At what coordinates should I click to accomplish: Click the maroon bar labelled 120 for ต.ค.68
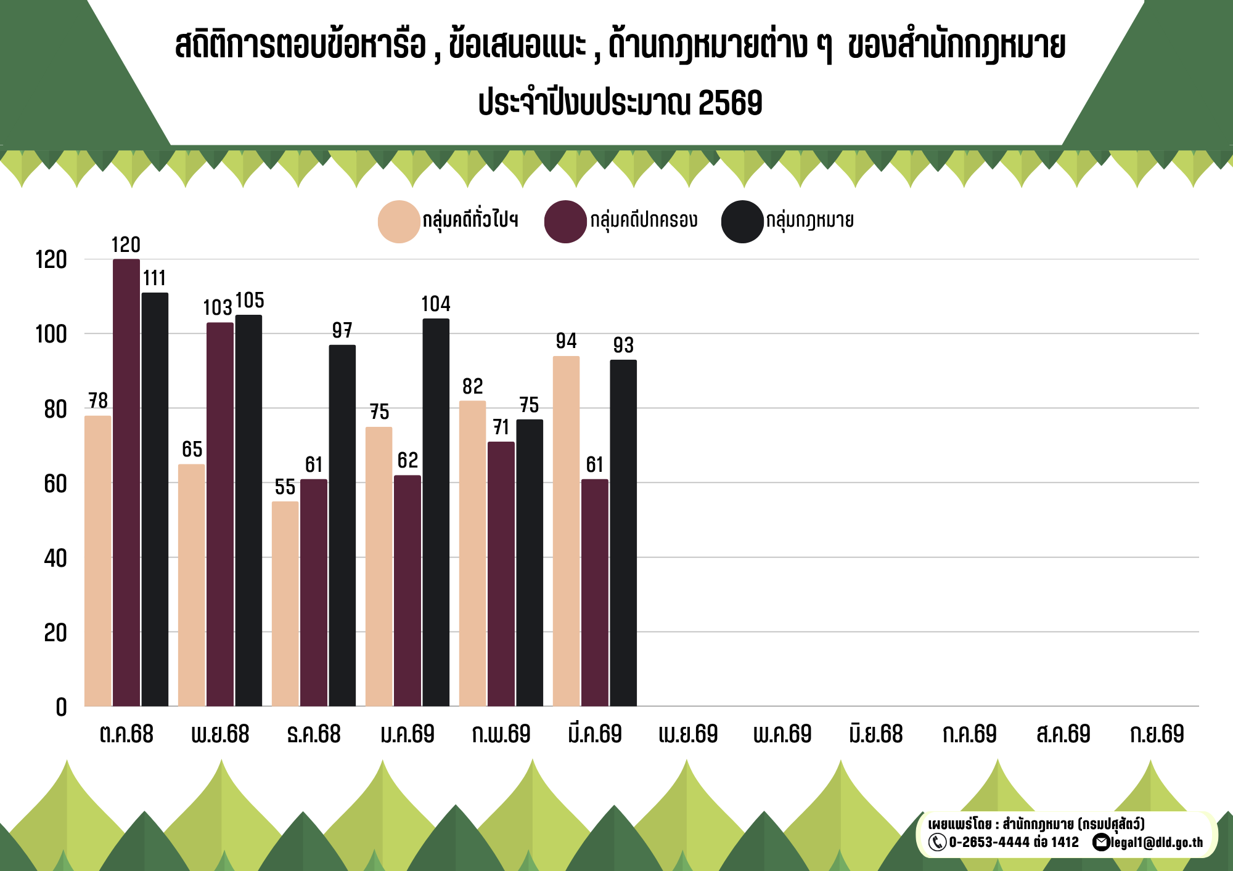(126, 482)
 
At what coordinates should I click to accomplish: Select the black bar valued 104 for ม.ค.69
(436, 512)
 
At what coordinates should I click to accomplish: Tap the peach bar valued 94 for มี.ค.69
(566, 531)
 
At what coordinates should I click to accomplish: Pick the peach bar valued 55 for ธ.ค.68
(285, 604)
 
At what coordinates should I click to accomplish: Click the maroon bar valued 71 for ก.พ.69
(501, 573)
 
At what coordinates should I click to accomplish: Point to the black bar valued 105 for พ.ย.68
(248, 510)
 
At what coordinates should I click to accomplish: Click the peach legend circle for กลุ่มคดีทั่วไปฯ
(399, 222)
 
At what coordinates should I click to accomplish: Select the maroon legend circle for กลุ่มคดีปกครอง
(565, 222)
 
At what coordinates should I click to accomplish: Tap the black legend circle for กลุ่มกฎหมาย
(742, 222)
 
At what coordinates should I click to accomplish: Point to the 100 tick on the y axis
(51, 334)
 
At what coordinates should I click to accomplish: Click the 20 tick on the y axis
(55, 633)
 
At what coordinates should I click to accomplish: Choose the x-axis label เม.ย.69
(688, 734)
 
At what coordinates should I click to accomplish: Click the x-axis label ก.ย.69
(1157, 734)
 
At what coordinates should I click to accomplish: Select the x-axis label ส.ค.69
(1063, 734)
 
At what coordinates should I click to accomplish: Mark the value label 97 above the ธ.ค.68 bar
(342, 331)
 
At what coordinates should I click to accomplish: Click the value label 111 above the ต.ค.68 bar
(155, 278)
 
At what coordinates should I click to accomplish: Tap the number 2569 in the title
(731, 103)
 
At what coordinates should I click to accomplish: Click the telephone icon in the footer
(937, 842)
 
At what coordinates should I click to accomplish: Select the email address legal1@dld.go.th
(1157, 842)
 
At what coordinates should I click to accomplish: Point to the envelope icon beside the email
(1101, 842)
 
